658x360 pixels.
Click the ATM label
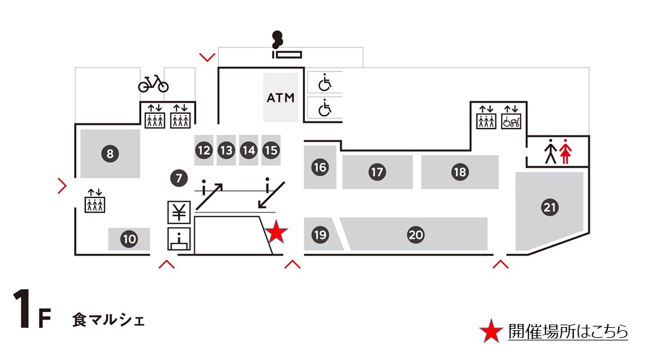tap(280, 98)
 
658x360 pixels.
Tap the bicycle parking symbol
tap(153, 83)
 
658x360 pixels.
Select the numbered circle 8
tap(110, 152)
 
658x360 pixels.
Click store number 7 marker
tap(178, 178)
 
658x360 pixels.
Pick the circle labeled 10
tap(129, 239)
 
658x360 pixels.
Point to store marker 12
tap(203, 150)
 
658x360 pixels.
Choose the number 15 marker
tap(271, 150)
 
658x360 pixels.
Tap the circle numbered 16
tap(320, 167)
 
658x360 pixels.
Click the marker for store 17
tap(378, 171)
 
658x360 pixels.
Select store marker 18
tap(459, 171)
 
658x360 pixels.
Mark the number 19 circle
tap(320, 235)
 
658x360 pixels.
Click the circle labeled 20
tap(415, 235)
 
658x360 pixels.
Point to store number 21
tap(549, 206)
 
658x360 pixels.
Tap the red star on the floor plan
tap(276, 232)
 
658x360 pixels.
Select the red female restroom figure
tap(566, 152)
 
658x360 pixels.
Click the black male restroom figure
tap(550, 152)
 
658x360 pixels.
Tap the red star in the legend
tap(490, 332)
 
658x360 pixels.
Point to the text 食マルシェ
tap(108, 320)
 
